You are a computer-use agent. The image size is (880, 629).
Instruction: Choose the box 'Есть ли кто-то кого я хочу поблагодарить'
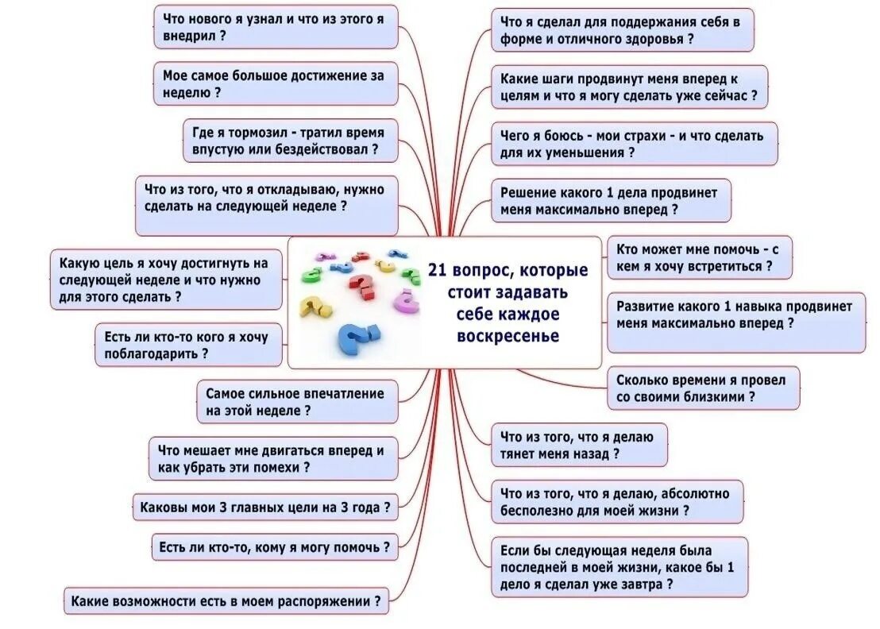click(188, 345)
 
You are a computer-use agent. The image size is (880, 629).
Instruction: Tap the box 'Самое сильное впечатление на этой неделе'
click(296, 402)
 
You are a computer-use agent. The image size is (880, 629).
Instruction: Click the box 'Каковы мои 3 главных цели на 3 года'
click(264, 507)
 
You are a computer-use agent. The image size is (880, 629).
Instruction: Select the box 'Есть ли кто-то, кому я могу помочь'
click(274, 546)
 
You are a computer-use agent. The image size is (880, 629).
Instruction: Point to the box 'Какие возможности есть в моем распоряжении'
click(226, 601)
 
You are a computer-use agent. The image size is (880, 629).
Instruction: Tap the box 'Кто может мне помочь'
click(700, 257)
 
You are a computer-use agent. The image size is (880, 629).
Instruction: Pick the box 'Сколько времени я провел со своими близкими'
click(702, 388)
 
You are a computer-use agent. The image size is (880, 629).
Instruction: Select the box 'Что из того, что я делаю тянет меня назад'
click(578, 445)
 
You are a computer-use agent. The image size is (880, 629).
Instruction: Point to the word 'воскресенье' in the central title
click(508, 337)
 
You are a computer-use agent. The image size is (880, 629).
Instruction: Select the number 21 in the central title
click(438, 271)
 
